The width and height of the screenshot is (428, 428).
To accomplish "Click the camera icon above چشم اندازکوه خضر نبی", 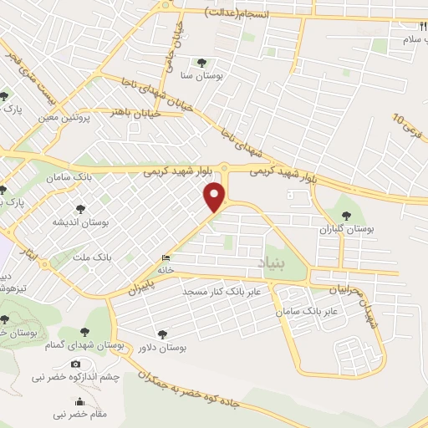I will [76, 364].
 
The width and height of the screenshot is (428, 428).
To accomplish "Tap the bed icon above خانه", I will [165, 258].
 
